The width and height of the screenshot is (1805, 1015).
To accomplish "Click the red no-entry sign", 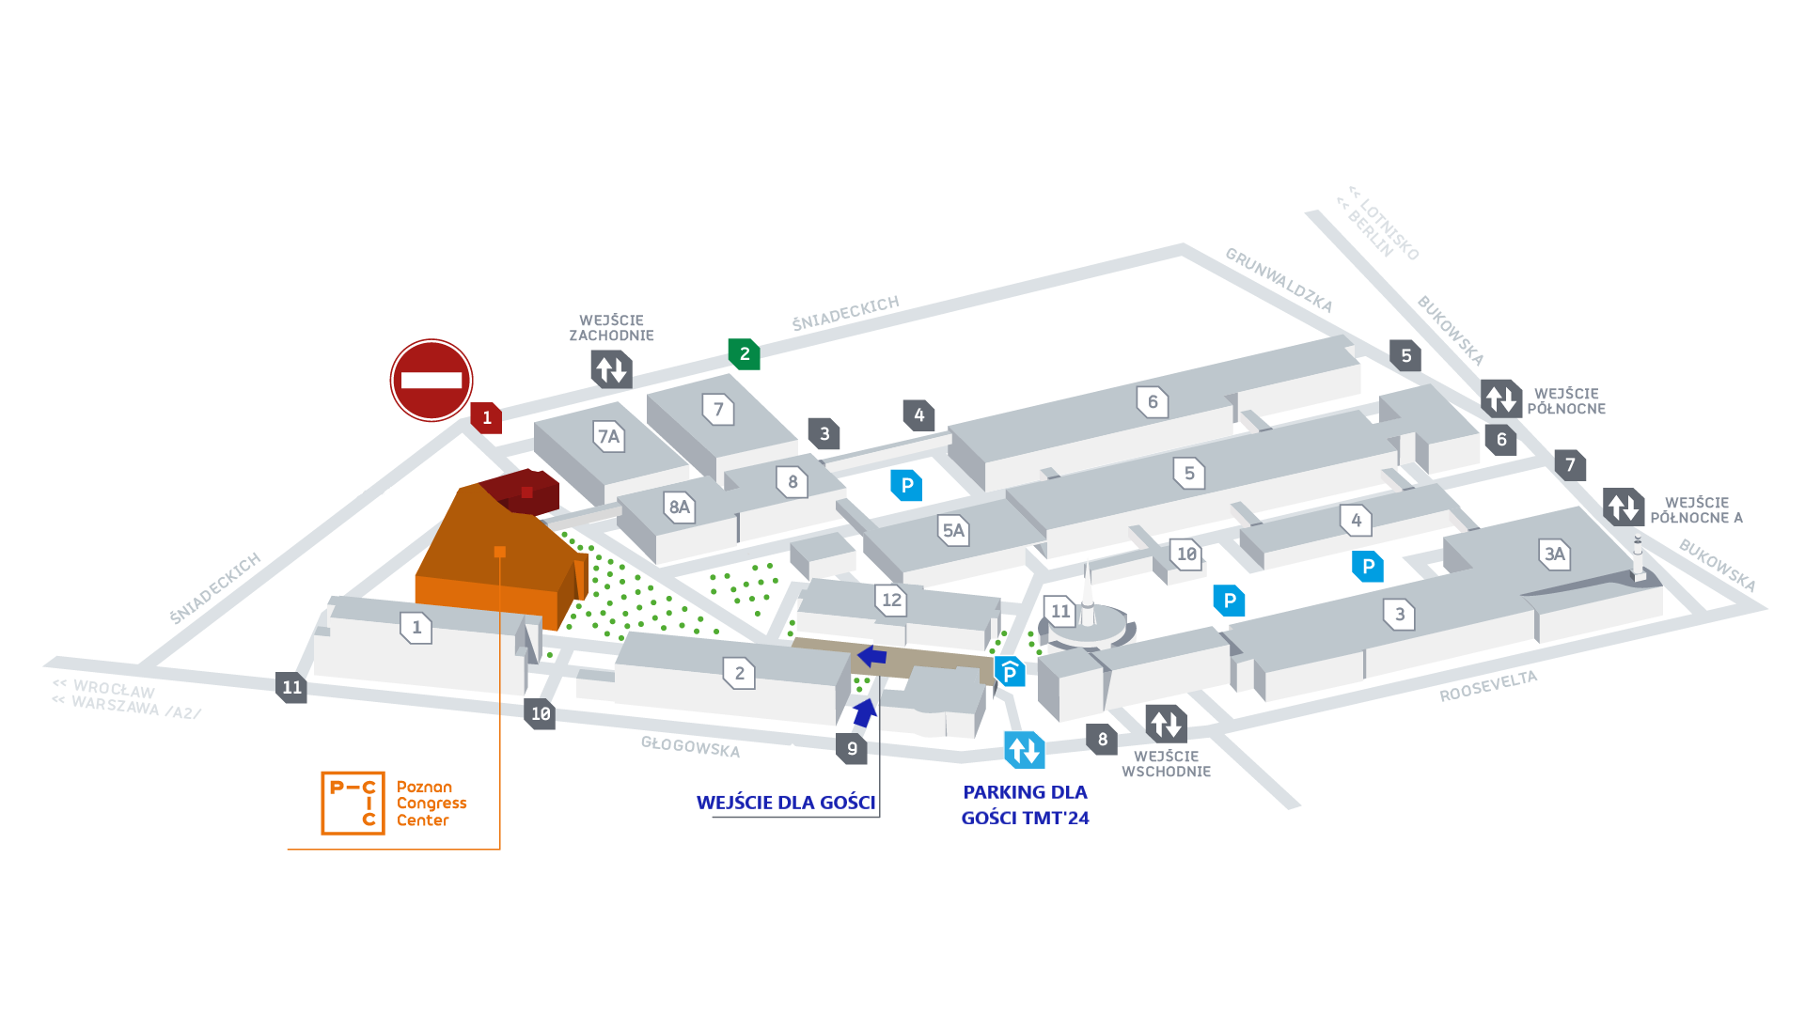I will pyautogui.click(x=432, y=381).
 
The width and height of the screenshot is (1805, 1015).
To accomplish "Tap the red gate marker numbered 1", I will pyautogui.click(x=486, y=417).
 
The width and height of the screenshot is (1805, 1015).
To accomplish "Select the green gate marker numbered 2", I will pyautogui.click(x=744, y=354).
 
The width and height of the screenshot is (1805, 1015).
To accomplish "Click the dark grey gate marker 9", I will pyautogui.click(x=852, y=748).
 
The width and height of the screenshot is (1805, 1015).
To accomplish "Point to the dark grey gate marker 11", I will pyautogui.click(x=291, y=688).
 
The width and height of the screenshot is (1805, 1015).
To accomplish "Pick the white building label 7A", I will pyautogui.click(x=609, y=436).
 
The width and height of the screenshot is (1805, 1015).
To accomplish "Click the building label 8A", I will pyautogui.click(x=679, y=507).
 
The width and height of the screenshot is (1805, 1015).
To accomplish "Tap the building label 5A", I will pyautogui.click(x=953, y=530).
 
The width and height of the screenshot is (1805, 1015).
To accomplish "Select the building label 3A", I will pyautogui.click(x=1554, y=554).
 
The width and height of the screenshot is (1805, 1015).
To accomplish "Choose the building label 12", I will pyautogui.click(x=891, y=600).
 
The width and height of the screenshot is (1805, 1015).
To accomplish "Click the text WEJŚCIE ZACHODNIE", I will pyautogui.click(x=611, y=328).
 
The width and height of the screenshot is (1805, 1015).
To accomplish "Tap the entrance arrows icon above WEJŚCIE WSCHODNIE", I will pyautogui.click(x=1166, y=724).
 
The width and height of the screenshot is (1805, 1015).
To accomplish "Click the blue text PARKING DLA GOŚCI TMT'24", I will pyautogui.click(x=1025, y=805).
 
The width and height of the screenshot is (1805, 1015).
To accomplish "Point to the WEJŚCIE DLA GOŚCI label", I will pyautogui.click(x=786, y=803).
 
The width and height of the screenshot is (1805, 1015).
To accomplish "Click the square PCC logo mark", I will pyautogui.click(x=353, y=804).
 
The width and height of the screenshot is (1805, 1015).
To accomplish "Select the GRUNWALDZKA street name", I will pyautogui.click(x=1279, y=280).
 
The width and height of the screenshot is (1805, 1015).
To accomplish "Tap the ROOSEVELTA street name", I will pyautogui.click(x=1488, y=686).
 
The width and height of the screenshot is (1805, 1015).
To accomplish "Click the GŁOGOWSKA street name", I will pyautogui.click(x=690, y=747).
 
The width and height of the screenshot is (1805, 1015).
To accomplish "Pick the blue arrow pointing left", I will pyautogui.click(x=872, y=656).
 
